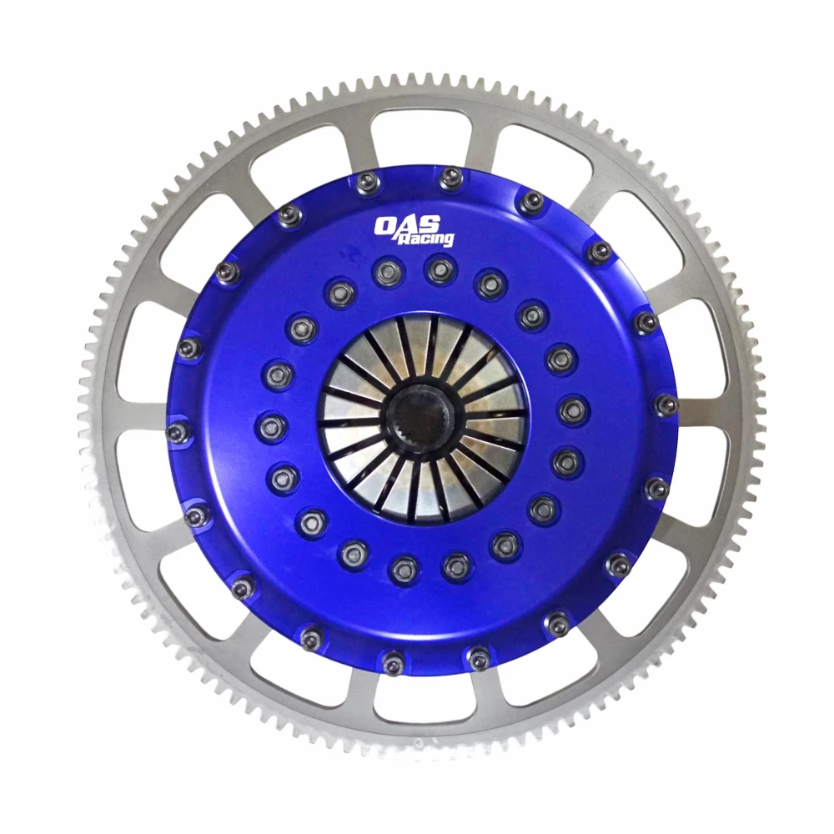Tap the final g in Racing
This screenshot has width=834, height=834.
point(448,241)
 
